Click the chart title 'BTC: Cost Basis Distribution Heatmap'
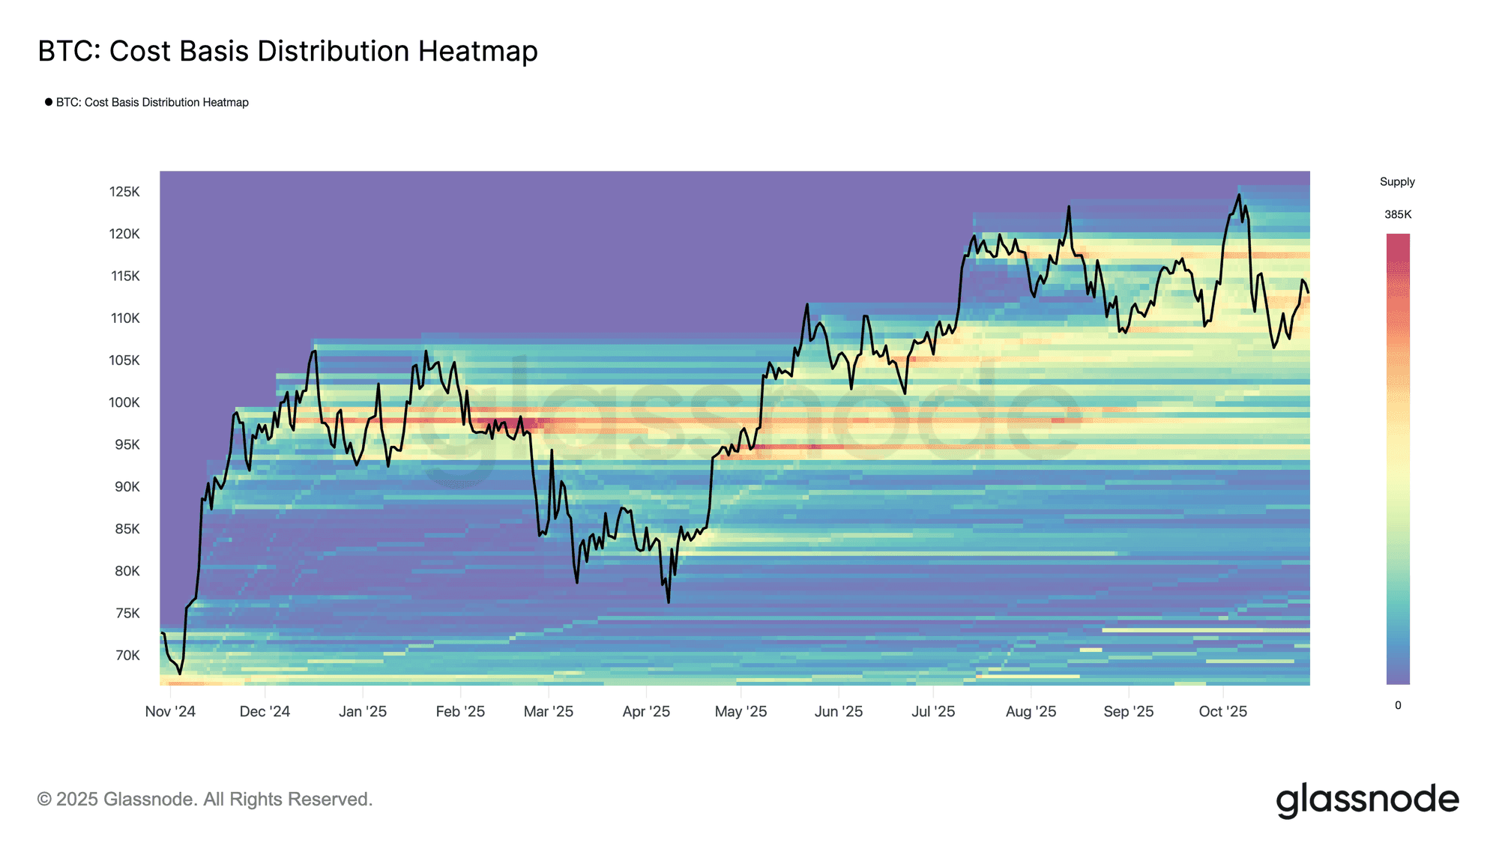pos(288,51)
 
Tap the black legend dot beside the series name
pos(49,102)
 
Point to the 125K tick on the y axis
pos(124,192)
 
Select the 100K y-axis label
pos(124,402)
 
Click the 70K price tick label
pos(127,655)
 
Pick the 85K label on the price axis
pos(127,529)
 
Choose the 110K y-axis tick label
pos(125,318)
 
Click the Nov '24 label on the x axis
pos(170,711)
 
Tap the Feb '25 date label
pos(460,711)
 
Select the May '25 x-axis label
pos(741,711)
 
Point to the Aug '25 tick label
pos(1031,711)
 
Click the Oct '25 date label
pos(1222,711)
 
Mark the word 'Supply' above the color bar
pos(1397,181)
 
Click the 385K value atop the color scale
pos(1398,214)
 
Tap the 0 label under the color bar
pos(1398,705)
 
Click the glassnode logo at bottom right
pos(1367,800)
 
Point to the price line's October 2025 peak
pos(1238,195)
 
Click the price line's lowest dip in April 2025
pos(668,602)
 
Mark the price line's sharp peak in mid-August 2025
pos(1069,206)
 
